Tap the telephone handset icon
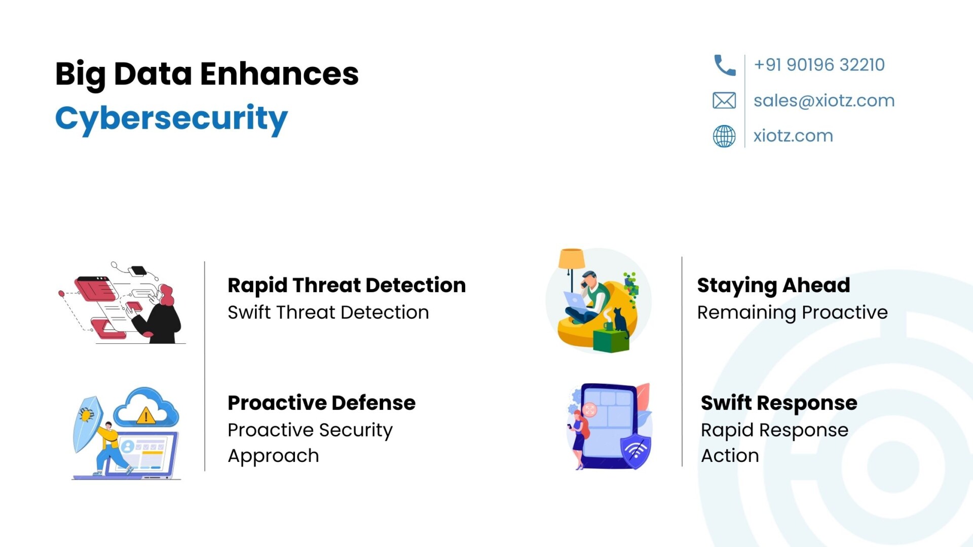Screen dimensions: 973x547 pyautogui.click(x=724, y=65)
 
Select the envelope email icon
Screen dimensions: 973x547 pyautogui.click(x=724, y=101)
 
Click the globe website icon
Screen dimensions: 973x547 pyautogui.click(x=724, y=136)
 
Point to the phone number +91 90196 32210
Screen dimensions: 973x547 pyautogui.click(x=819, y=65)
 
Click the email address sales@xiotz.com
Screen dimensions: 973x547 pyautogui.click(x=824, y=101)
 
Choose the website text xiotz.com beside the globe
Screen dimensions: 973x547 pyautogui.click(x=793, y=136)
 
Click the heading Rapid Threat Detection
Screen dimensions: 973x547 pyautogui.click(x=347, y=286)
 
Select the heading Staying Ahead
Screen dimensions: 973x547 pyautogui.click(x=773, y=286)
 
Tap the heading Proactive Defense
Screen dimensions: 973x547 pyautogui.click(x=321, y=403)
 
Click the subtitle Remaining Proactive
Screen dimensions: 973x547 pyautogui.click(x=793, y=313)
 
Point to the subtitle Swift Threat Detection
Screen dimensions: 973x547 pyautogui.click(x=328, y=312)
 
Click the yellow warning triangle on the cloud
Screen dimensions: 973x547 pyautogui.click(x=146, y=416)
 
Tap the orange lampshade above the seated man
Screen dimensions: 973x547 pyautogui.click(x=572, y=259)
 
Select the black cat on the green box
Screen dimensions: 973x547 pyautogui.click(x=621, y=322)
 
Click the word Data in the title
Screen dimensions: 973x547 pyautogui.click(x=153, y=74)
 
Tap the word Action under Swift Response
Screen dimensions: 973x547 pyautogui.click(x=730, y=456)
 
